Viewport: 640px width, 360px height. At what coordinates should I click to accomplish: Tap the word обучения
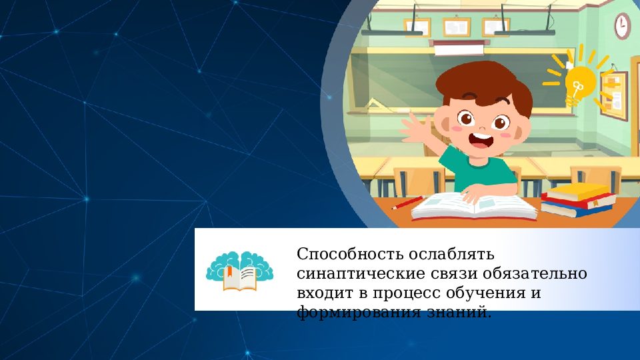[x=491, y=293]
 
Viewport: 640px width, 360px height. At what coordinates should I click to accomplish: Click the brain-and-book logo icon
[x=239, y=269]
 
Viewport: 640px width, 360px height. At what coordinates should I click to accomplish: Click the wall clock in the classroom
[x=622, y=26]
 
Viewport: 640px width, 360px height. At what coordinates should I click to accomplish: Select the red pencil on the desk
[x=407, y=203]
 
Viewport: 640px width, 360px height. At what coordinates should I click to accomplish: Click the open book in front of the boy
[x=474, y=206]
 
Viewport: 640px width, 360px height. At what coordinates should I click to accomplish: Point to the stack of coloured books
[x=577, y=199]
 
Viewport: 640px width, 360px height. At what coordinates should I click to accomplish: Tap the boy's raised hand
[x=419, y=127]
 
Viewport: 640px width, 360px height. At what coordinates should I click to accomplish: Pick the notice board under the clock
[x=613, y=93]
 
